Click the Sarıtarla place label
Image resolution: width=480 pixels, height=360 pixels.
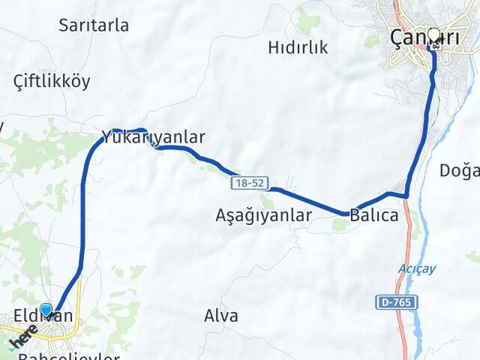pos(94,25)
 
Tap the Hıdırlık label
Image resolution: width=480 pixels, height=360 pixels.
pos(298,48)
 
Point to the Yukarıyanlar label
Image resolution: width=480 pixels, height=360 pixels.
pos(153,137)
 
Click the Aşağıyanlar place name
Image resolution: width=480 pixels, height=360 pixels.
pos(263,215)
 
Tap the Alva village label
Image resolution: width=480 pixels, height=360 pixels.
pos(221,316)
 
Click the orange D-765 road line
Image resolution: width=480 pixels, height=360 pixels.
pos(411,330)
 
